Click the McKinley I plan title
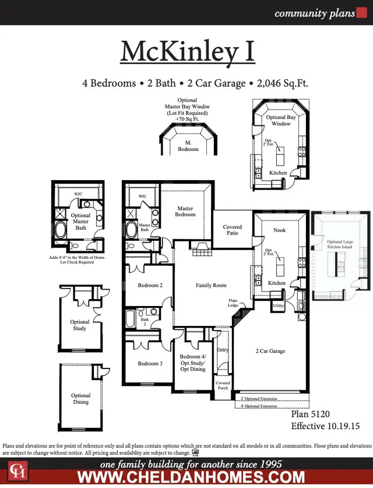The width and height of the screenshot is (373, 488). click(x=187, y=51)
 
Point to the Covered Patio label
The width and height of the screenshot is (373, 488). click(x=233, y=230)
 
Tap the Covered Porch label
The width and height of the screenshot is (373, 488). click(x=223, y=385)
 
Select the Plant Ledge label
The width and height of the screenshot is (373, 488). click(x=233, y=303)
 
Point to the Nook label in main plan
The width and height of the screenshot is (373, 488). click(x=279, y=230)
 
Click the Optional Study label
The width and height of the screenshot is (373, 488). click(x=80, y=325)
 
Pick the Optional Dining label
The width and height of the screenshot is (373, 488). click(x=80, y=399)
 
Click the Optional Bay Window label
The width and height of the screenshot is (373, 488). click(x=281, y=120)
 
